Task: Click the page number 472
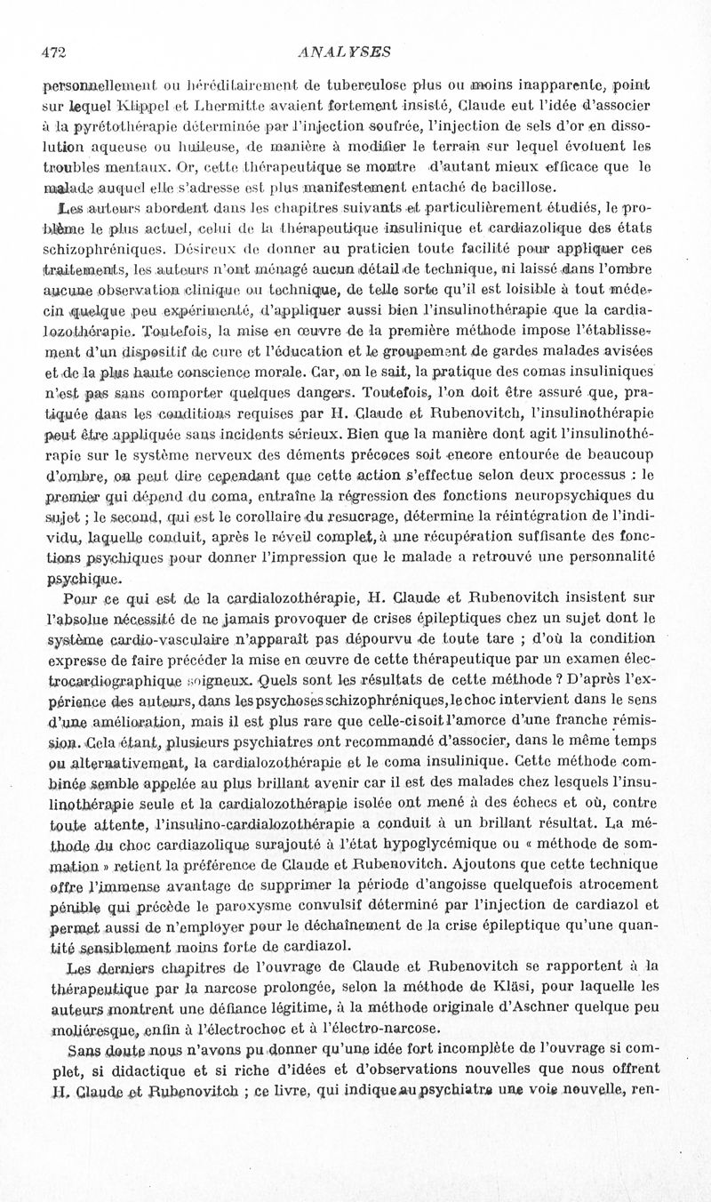click(x=54, y=52)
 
